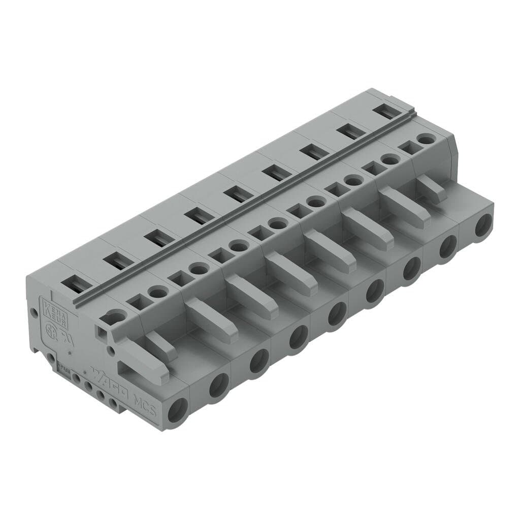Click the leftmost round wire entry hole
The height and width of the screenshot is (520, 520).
(178, 410)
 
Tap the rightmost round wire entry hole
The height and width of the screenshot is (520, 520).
(483, 225)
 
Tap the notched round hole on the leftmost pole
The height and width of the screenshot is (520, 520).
(116, 318)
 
